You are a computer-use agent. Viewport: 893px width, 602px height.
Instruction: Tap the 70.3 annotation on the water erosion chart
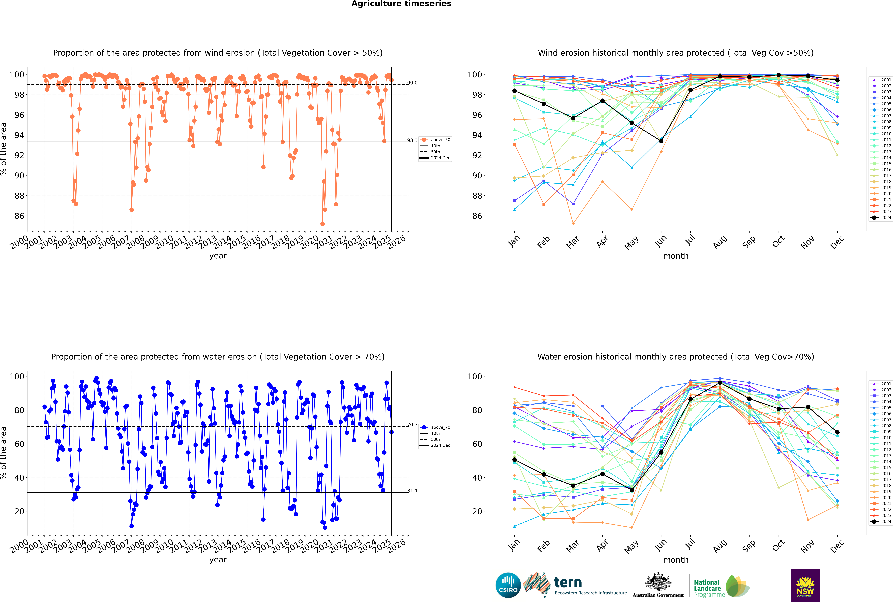pyautogui.click(x=412, y=425)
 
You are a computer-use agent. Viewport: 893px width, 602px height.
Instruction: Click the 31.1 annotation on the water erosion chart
pyautogui.click(x=412, y=491)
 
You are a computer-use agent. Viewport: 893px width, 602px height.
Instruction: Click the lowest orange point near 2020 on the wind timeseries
pyautogui.click(x=323, y=224)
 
